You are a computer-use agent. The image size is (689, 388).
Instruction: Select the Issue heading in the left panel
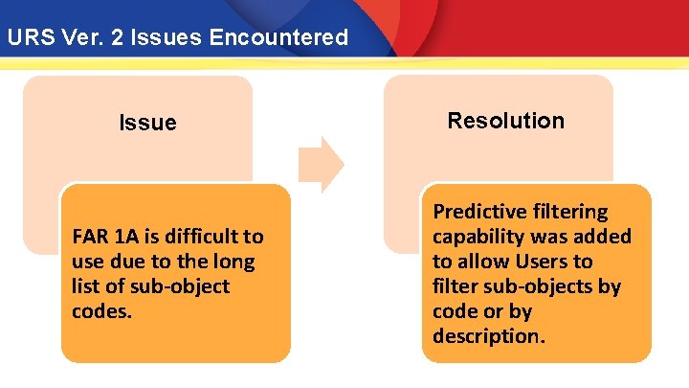147,123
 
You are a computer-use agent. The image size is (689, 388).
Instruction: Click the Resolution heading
505,121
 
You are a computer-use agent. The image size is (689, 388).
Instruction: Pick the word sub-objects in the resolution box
538,286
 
